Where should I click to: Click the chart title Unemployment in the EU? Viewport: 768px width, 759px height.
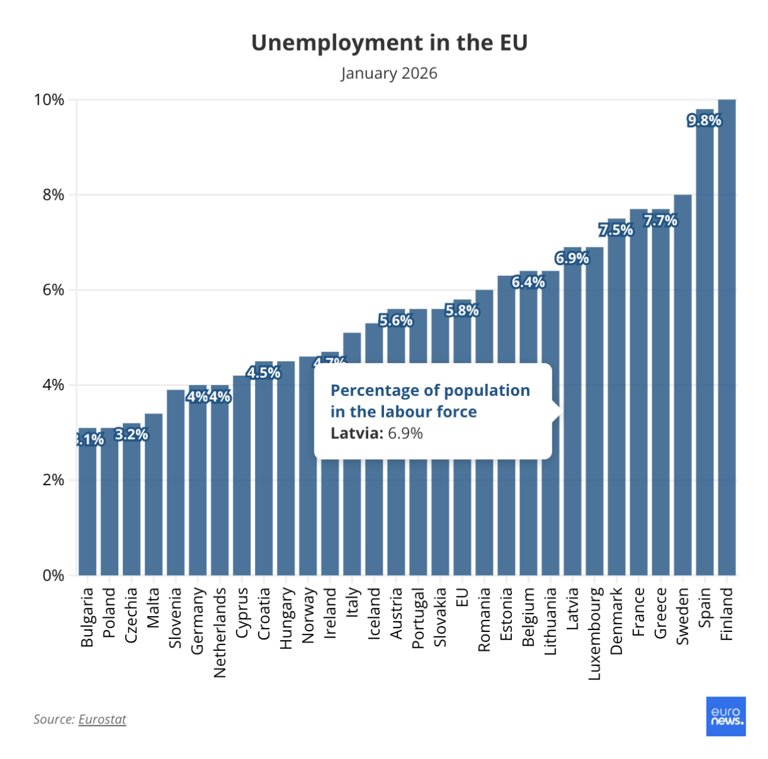click(389, 43)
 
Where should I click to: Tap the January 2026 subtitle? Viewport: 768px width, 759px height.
click(389, 73)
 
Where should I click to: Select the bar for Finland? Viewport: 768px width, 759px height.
click(727, 335)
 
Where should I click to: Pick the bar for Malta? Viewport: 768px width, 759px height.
click(154, 493)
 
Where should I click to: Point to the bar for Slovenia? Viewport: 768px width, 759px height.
click(176, 481)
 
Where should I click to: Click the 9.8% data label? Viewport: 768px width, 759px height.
click(704, 120)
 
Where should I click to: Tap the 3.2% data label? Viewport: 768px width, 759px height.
click(132, 435)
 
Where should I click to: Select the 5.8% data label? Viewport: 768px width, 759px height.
click(462, 311)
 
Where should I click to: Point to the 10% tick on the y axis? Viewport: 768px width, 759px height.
click(49, 100)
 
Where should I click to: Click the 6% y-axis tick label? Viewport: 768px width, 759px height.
click(53, 290)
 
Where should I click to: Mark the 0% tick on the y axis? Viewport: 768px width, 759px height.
click(53, 576)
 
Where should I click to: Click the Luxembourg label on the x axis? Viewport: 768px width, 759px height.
click(595, 634)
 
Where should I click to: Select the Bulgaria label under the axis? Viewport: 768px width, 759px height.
click(87, 617)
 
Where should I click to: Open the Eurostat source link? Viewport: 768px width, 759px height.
click(102, 719)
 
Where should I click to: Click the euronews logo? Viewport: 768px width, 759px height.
click(726, 717)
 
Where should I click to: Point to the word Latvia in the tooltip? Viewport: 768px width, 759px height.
click(356, 433)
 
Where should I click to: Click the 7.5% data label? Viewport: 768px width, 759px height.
click(616, 230)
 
